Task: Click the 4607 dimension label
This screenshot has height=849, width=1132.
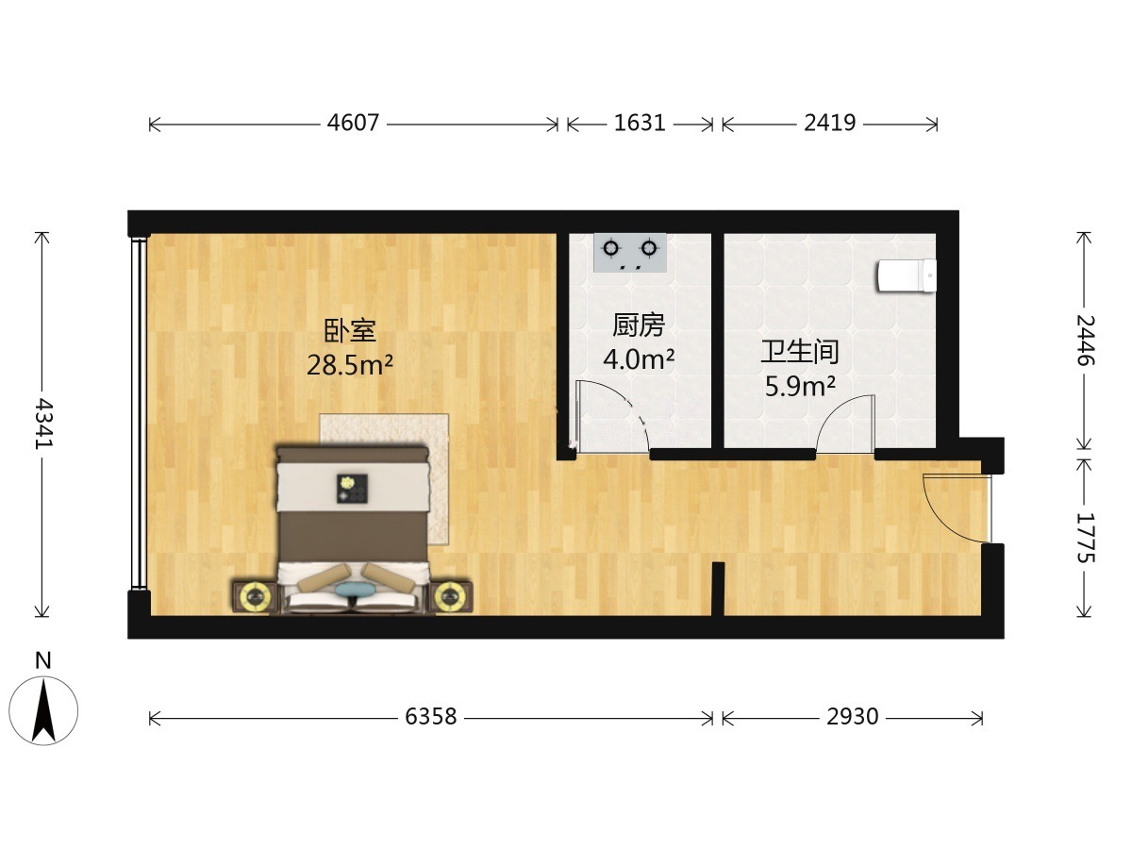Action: click(x=353, y=124)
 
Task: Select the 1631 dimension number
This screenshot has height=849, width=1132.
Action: click(x=640, y=124)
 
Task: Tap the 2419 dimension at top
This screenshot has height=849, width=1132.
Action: click(x=830, y=124)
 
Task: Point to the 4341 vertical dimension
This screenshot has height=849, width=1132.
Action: click(x=43, y=424)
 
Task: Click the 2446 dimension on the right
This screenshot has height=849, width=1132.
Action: click(x=1085, y=341)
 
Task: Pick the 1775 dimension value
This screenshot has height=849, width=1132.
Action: click(x=1085, y=538)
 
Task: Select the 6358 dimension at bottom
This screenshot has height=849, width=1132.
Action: click(x=430, y=717)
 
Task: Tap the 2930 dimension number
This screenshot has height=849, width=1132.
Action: click(x=853, y=717)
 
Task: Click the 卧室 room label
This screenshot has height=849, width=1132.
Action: click(x=350, y=331)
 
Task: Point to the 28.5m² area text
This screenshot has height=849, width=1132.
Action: click(x=350, y=365)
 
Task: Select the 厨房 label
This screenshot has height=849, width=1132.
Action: click(x=639, y=325)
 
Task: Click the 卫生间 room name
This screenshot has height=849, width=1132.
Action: click(x=800, y=352)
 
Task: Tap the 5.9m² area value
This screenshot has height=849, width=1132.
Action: click(x=800, y=386)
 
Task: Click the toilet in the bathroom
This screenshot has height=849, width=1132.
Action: click(x=907, y=275)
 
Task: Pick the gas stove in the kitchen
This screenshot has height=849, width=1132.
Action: click(x=630, y=253)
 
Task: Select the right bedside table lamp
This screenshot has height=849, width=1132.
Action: click(x=450, y=597)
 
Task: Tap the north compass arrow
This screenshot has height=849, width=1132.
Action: click(x=43, y=711)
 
